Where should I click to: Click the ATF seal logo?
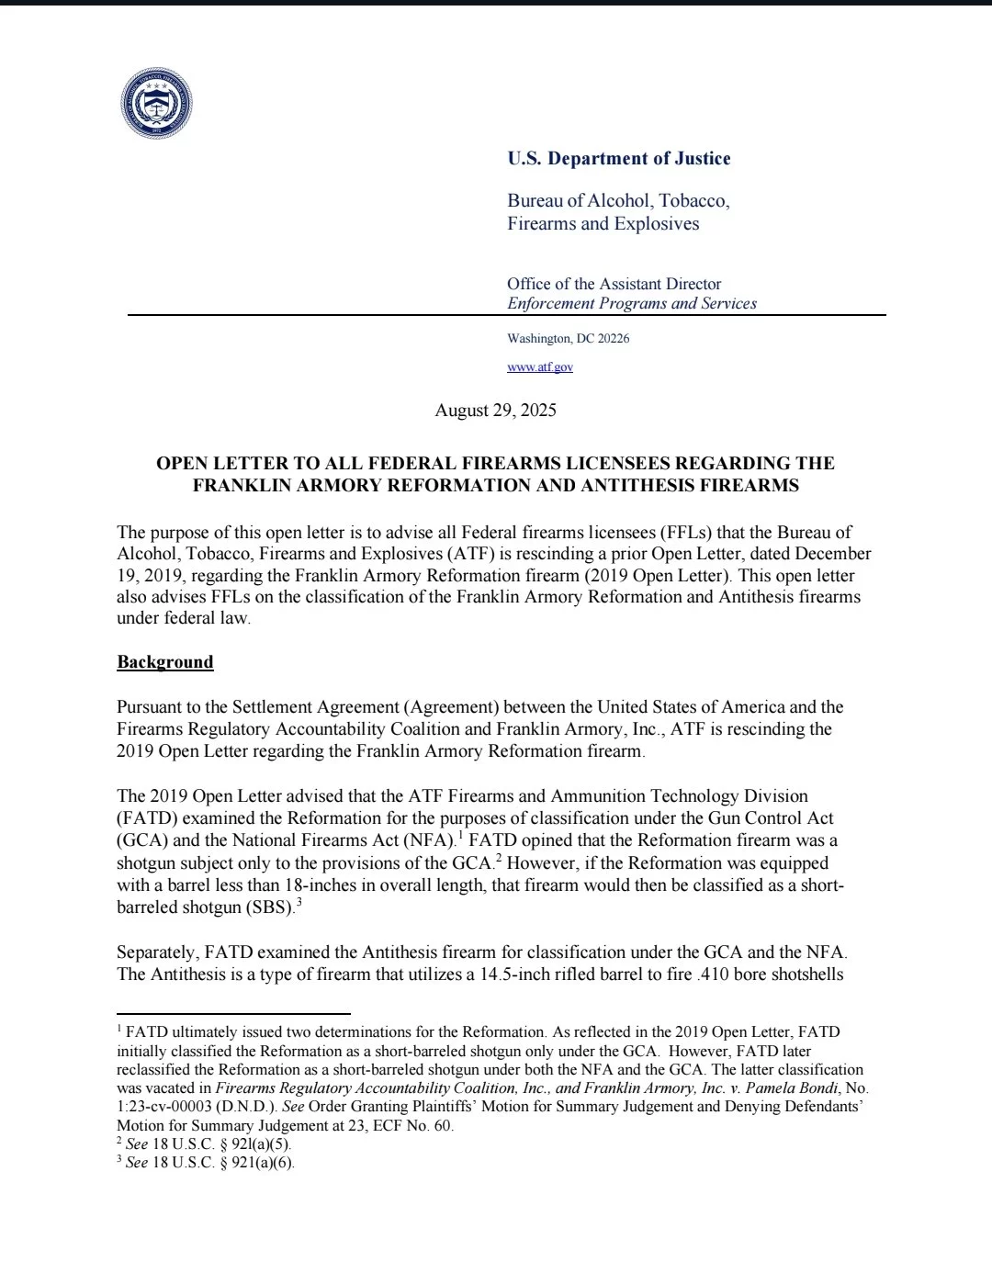click(156, 104)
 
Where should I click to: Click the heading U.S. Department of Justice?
click(618, 159)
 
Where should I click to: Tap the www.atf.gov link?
click(540, 366)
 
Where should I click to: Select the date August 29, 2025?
click(496, 411)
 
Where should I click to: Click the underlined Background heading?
click(165, 662)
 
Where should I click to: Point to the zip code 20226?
click(614, 339)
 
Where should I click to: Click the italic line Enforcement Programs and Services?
click(632, 304)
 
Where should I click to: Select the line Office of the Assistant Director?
click(614, 284)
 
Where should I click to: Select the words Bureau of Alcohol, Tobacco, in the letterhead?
click(618, 201)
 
